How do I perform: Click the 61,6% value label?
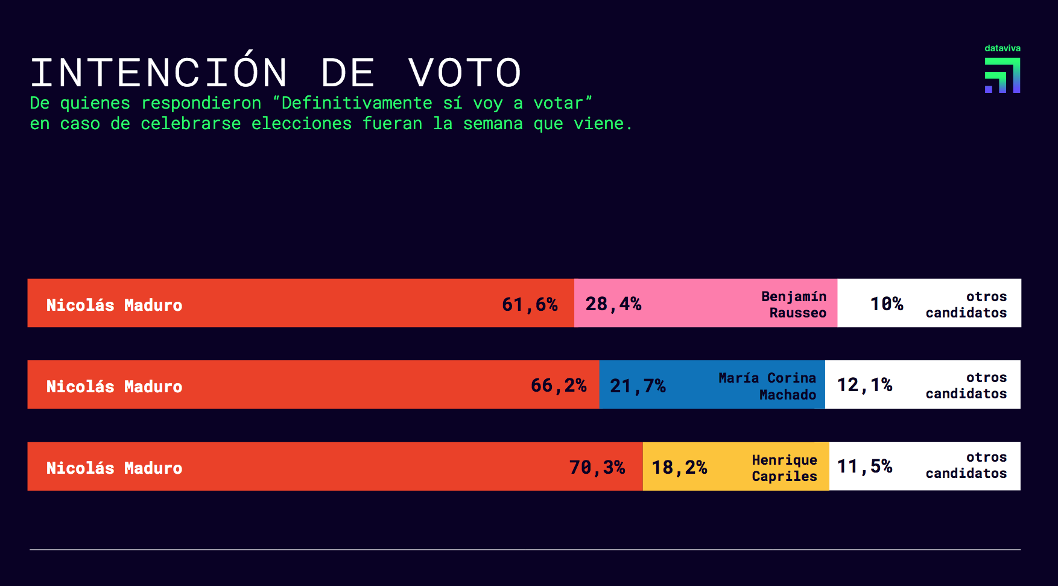pyautogui.click(x=530, y=304)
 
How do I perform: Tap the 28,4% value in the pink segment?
pyautogui.click(x=613, y=304)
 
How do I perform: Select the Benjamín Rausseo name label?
pyautogui.click(x=794, y=304)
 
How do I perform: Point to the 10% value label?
pyautogui.click(x=886, y=304)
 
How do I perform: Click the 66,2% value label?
pyautogui.click(x=559, y=385)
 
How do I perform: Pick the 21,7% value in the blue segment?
pyautogui.click(x=638, y=386)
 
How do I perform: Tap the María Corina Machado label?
pyautogui.click(x=767, y=386)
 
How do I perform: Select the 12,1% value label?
pyautogui.click(x=864, y=384)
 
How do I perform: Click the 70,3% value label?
pyautogui.click(x=597, y=467)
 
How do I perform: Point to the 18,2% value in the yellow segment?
pyautogui.click(x=679, y=467)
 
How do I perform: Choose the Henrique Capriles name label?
pyautogui.click(x=784, y=468)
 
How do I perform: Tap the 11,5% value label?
pyautogui.click(x=864, y=466)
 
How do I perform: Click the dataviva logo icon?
pyautogui.click(x=1003, y=75)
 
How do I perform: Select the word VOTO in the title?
pyautogui.click(x=464, y=73)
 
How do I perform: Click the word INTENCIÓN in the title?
pyautogui.click(x=159, y=73)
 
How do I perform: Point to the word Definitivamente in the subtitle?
pyautogui.click(x=356, y=103)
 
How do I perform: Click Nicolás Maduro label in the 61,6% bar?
pyautogui.click(x=114, y=305)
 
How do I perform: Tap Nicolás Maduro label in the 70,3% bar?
pyautogui.click(x=114, y=468)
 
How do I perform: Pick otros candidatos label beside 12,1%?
pyautogui.click(x=966, y=385)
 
